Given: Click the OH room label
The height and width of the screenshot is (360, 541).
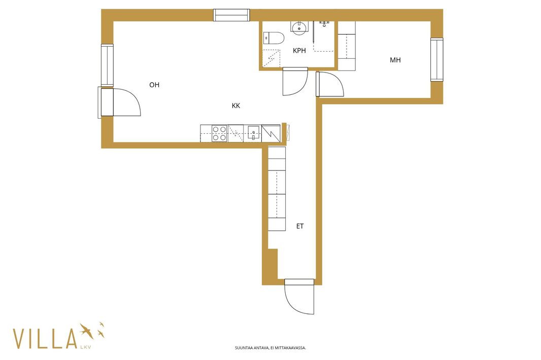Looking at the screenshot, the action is coord(154,85).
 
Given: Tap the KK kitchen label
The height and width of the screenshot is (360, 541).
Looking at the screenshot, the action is coord(236,106).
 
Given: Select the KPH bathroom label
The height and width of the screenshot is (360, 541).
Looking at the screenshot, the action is coord(299,51).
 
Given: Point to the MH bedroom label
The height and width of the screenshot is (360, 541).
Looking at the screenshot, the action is coord(395,60).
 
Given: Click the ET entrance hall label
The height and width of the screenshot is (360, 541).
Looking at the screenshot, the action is coord(300,226).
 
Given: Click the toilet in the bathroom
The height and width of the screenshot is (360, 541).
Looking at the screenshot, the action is coord(273,38).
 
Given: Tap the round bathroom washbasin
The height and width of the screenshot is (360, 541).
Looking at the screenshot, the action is coord(299,27).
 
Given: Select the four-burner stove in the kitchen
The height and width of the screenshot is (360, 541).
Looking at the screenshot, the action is coord(219,133).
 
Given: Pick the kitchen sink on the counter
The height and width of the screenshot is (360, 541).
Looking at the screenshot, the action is coord(253,133).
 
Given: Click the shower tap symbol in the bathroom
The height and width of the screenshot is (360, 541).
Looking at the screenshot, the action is coord(324,23).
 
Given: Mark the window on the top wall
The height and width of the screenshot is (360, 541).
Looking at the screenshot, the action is coord(231,15).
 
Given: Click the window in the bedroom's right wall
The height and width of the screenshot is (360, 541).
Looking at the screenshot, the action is coord(437,60).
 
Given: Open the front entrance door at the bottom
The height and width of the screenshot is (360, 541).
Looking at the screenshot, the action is coord(299,297).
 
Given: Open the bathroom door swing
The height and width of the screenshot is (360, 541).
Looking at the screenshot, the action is coord(295,81).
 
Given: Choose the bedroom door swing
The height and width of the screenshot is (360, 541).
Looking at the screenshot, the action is coord(329,84).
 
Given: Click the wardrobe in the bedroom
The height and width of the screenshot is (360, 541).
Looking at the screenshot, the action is coord(347,46).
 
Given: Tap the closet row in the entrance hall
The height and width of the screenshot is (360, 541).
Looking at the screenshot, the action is coord(277,189).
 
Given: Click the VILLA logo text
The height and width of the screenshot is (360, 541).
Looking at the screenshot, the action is coord(45,339).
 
